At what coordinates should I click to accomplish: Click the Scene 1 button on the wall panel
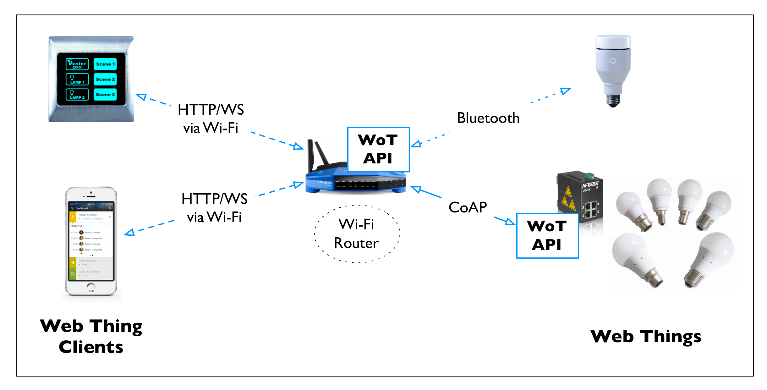105,64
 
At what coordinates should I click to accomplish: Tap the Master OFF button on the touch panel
77,64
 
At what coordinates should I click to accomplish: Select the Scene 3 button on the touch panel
105,94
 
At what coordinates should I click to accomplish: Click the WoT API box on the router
378,149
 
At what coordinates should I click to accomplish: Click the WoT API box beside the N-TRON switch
547,236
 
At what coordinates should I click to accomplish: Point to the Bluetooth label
488,118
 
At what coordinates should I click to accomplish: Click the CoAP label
468,207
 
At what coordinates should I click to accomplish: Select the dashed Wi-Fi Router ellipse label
357,234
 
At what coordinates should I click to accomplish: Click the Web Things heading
645,336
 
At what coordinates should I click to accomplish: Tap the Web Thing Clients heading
91,336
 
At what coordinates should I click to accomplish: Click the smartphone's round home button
91,287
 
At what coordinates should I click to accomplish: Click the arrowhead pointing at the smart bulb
566,91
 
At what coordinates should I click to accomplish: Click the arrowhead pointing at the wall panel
141,96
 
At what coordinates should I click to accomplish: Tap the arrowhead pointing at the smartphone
129,233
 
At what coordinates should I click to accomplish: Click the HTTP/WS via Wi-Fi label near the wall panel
211,119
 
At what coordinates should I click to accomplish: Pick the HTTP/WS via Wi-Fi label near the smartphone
214,208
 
